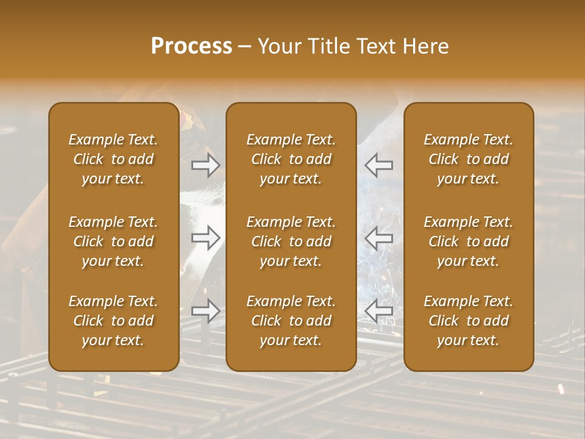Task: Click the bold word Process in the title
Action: [191, 46]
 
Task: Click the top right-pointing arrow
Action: [206, 165]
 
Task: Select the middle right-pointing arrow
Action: [206, 238]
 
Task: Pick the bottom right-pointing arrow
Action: [206, 311]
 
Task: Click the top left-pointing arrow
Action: [379, 165]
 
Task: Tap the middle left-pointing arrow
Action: [379, 238]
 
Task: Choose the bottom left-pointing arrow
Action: [379, 311]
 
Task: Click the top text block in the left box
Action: [113, 159]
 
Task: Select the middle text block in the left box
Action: [113, 241]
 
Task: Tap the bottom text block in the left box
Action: [113, 321]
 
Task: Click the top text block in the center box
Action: [291, 159]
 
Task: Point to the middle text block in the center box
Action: [291, 241]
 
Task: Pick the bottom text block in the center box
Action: [291, 321]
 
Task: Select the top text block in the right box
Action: [469, 159]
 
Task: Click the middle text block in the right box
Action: [469, 241]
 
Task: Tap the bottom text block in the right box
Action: [469, 321]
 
